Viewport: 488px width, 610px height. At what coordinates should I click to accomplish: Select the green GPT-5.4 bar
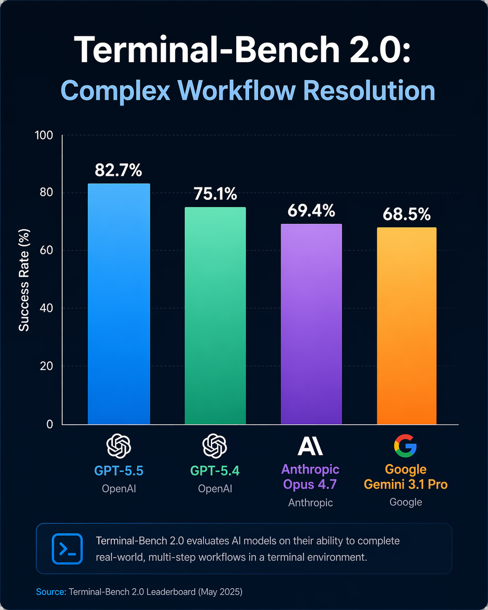(x=215, y=315)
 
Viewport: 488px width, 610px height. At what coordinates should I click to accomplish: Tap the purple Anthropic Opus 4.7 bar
(x=311, y=324)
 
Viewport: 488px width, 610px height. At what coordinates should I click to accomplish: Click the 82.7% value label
(x=118, y=170)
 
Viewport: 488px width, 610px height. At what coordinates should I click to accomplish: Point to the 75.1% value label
(x=215, y=194)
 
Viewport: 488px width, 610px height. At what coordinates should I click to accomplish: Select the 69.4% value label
(x=311, y=211)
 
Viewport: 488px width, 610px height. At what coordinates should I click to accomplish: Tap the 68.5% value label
(x=407, y=215)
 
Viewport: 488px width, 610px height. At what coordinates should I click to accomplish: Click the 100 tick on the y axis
(x=44, y=135)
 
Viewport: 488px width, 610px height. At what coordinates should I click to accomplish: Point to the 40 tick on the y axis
(x=47, y=308)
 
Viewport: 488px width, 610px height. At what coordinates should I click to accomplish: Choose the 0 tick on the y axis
(x=50, y=424)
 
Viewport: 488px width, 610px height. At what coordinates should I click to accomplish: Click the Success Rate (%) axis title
(x=24, y=280)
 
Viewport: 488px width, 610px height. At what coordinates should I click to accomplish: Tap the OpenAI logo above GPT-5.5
(x=119, y=446)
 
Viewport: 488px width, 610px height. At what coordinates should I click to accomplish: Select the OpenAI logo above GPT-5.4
(x=215, y=446)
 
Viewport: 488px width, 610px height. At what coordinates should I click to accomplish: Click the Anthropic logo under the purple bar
(x=310, y=446)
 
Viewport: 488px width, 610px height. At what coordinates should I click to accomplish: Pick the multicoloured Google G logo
(x=405, y=446)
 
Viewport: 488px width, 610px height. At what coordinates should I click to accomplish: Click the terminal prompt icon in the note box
(x=67, y=549)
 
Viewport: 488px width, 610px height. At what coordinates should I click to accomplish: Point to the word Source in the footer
(x=50, y=592)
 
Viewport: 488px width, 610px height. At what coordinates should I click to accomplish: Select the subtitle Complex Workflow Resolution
(x=248, y=91)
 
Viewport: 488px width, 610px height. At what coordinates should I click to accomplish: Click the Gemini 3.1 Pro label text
(x=406, y=484)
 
